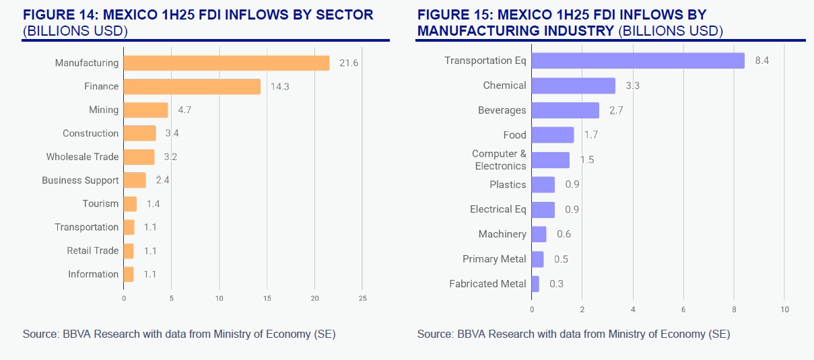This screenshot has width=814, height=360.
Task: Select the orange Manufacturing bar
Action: pos(226,63)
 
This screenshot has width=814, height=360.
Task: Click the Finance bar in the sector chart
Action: pos(192,86)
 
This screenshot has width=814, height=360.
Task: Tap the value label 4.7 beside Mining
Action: pos(185,110)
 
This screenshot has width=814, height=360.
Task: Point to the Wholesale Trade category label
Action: pos(82,157)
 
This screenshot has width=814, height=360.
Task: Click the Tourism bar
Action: pos(130,204)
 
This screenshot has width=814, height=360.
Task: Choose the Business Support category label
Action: pos(80,180)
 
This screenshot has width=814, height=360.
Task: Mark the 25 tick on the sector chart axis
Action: pos(362,298)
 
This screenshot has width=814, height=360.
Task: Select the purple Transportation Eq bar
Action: pos(638,61)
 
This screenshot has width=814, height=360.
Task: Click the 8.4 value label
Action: pos(762,61)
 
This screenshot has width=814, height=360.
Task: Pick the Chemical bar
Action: pos(573,85)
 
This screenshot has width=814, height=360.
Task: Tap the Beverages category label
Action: pos(502,110)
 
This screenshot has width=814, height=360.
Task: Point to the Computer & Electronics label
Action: pos(499,160)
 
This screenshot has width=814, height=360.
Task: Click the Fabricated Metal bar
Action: pos(535,284)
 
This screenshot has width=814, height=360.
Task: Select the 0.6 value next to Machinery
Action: pos(564,234)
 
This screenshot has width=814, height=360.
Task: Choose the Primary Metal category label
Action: pos(494,259)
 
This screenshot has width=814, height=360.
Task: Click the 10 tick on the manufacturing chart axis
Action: pos(784,310)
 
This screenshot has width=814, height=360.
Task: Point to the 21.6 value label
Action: pos(349,63)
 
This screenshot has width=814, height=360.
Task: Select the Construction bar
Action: pos(139,133)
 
